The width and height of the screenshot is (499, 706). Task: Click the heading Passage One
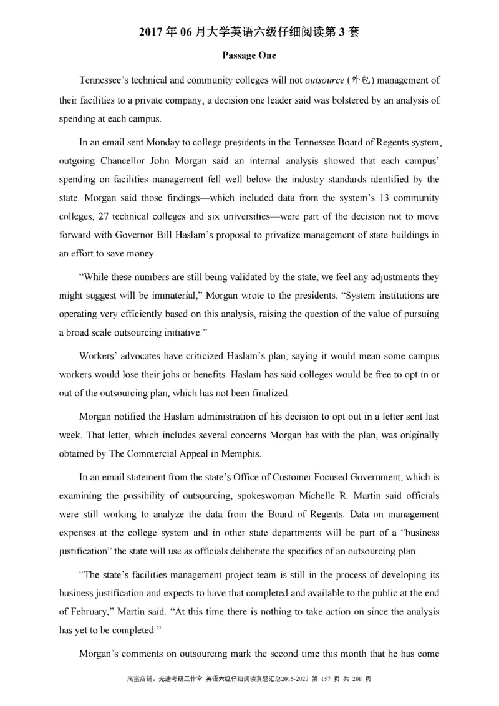(249, 56)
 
